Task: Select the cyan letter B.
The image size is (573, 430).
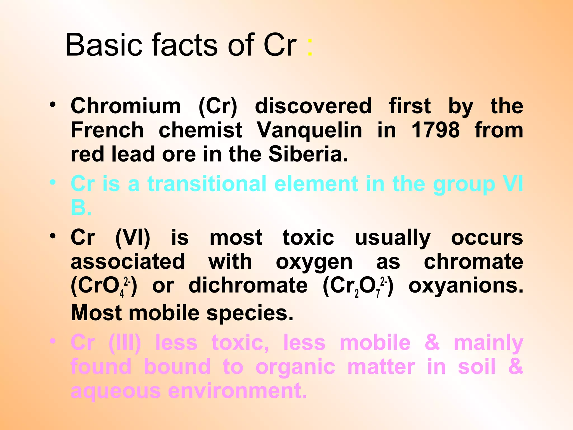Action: pyautogui.click(x=78, y=208)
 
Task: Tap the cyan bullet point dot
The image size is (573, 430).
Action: pyautogui.click(x=53, y=183)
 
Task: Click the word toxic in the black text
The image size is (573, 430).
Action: pyautogui.click(x=308, y=238)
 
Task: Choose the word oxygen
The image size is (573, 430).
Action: pyautogui.click(x=314, y=262)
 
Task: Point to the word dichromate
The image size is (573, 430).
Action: pyautogui.click(x=248, y=286)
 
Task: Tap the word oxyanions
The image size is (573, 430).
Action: pyautogui.click(x=466, y=286)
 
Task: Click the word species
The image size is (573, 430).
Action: pyautogui.click(x=250, y=313)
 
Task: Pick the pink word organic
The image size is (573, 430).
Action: pyautogui.click(x=295, y=367)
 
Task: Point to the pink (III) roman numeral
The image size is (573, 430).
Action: pyautogui.click(x=125, y=343)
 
